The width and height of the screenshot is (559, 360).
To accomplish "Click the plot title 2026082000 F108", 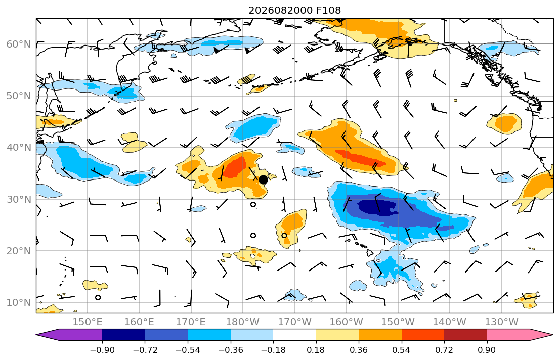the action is pyautogui.click(x=294, y=10).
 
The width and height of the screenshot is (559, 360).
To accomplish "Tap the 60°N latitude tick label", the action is pyautogui.click(x=19, y=44).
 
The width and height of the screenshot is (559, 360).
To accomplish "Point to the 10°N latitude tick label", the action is pyautogui.click(x=19, y=303).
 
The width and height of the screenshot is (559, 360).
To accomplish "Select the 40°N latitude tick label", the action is pyautogui.click(x=19, y=148).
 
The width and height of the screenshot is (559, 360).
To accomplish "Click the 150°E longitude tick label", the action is pyautogui.click(x=88, y=322).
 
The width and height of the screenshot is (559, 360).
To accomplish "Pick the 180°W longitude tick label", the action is pyautogui.click(x=243, y=322).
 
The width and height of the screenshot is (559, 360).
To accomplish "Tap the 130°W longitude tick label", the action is pyautogui.click(x=502, y=322).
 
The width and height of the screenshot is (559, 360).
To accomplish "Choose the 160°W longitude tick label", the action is pyautogui.click(x=347, y=322).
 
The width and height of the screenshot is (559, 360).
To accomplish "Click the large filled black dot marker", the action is pyautogui.click(x=263, y=180).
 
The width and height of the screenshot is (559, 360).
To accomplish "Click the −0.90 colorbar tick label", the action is pyautogui.click(x=102, y=350).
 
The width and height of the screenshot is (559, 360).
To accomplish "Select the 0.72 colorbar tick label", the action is pyautogui.click(x=444, y=350).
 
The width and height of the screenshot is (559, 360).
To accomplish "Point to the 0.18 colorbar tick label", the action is pyautogui.click(x=316, y=350).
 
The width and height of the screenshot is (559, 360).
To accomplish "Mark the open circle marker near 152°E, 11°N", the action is pyautogui.click(x=98, y=298).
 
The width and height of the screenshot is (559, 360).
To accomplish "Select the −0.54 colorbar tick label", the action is pyautogui.click(x=188, y=350).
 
